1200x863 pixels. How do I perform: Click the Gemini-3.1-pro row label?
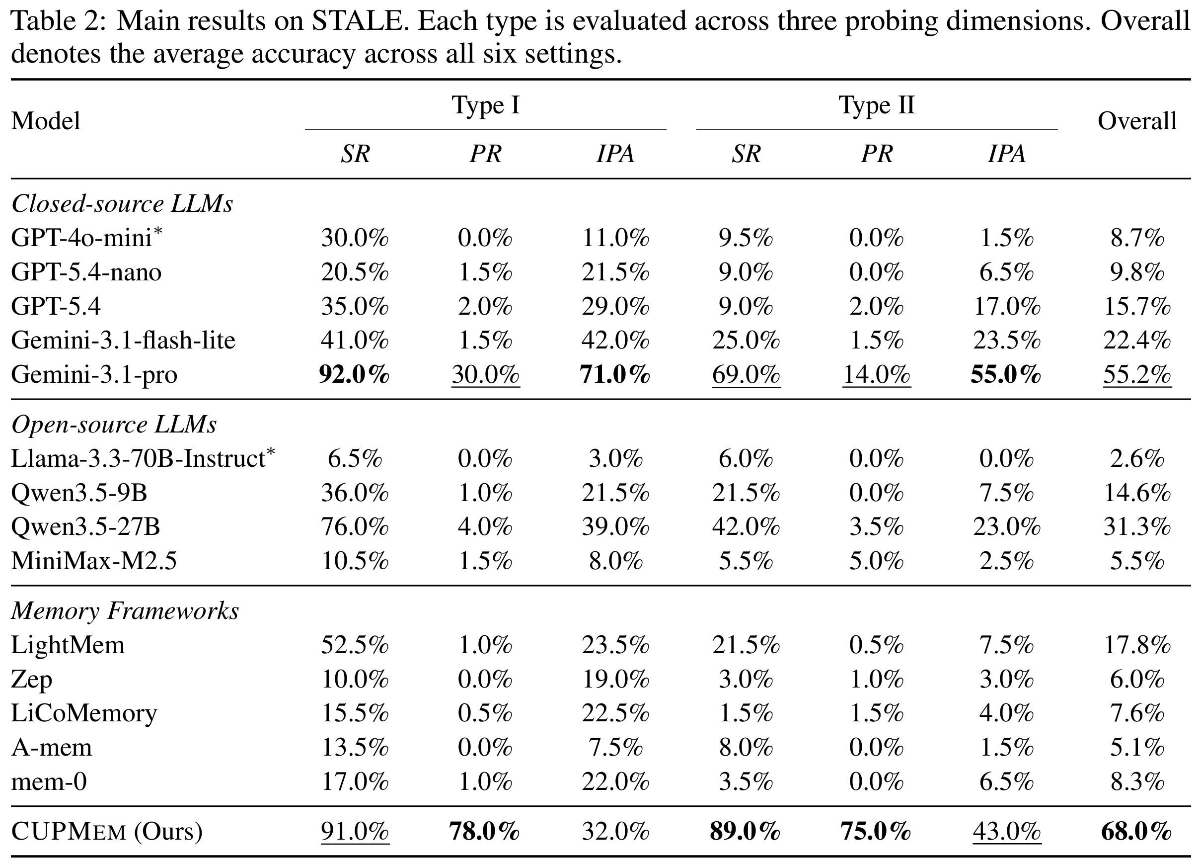[94, 375]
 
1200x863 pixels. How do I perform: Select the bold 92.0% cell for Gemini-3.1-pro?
[355, 374]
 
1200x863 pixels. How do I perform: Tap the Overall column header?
[1137, 121]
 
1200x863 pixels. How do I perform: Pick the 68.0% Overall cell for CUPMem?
[1136, 831]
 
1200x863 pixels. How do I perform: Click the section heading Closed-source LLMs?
[122, 204]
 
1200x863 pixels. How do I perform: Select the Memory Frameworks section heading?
[125, 610]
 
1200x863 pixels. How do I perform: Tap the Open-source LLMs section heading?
[114, 425]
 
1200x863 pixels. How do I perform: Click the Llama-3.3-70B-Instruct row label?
[144, 458]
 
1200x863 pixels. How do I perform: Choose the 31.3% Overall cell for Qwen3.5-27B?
[1136, 527]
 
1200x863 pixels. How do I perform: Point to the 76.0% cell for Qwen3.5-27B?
[355, 527]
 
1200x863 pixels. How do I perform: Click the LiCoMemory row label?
[84, 713]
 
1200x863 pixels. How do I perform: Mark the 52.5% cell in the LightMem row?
[355, 645]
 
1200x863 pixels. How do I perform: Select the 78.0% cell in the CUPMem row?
[485, 831]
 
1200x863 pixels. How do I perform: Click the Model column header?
[46, 121]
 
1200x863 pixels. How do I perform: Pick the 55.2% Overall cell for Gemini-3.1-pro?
[1136, 375]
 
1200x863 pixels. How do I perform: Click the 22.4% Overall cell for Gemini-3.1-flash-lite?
[1136, 341]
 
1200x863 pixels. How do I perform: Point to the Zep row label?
[32, 680]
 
